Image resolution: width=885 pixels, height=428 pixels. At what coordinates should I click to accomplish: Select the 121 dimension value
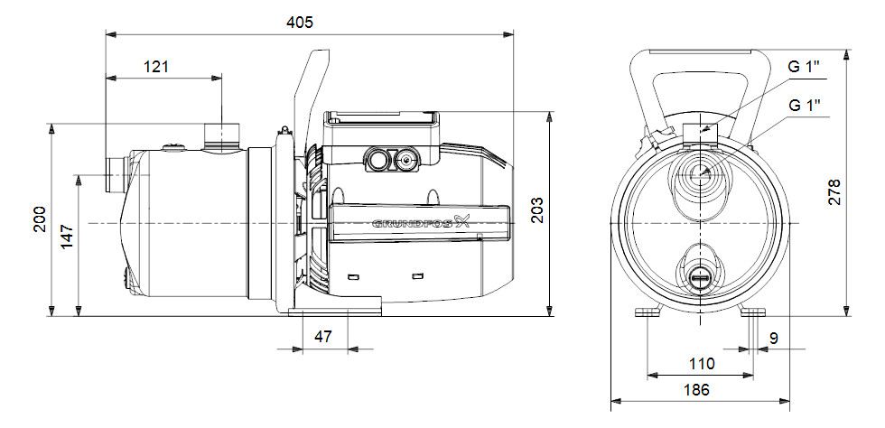155,66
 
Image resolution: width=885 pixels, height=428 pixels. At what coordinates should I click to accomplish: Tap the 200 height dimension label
40,219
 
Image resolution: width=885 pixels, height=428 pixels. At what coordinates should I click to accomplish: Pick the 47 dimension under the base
322,336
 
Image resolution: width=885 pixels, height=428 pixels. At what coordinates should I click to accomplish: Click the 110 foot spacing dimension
702,364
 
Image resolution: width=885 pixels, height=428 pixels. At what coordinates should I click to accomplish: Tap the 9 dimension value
775,340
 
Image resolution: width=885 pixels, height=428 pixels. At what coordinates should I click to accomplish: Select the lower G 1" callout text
804,105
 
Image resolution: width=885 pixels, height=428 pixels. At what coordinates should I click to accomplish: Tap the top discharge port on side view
219,136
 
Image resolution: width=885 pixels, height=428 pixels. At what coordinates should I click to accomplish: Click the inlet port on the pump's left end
113,175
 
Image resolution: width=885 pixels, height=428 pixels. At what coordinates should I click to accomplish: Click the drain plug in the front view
700,276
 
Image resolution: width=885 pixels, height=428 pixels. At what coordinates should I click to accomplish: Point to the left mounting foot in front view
648,312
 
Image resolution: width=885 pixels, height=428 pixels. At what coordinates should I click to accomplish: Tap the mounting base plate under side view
334,312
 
